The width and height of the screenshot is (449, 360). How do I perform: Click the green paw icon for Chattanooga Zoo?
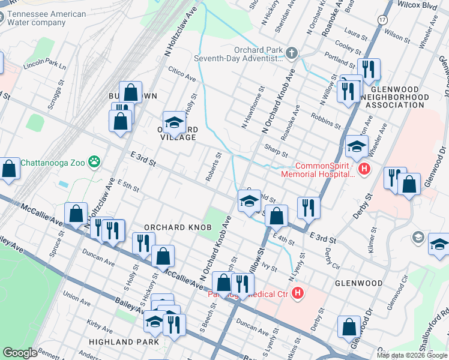click(94, 161)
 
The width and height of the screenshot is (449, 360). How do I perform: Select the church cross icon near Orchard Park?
click(292, 54)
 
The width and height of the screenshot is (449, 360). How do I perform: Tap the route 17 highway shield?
click(382, 20)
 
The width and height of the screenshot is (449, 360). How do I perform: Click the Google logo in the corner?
click(20, 353)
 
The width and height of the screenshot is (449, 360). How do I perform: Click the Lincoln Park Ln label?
click(45, 65)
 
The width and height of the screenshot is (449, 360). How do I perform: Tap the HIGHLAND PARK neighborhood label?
click(124, 342)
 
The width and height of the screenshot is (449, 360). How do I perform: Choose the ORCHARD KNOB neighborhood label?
click(167, 227)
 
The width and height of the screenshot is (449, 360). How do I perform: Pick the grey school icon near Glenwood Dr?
click(417, 238)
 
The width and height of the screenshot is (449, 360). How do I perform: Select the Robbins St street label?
click(330, 122)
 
